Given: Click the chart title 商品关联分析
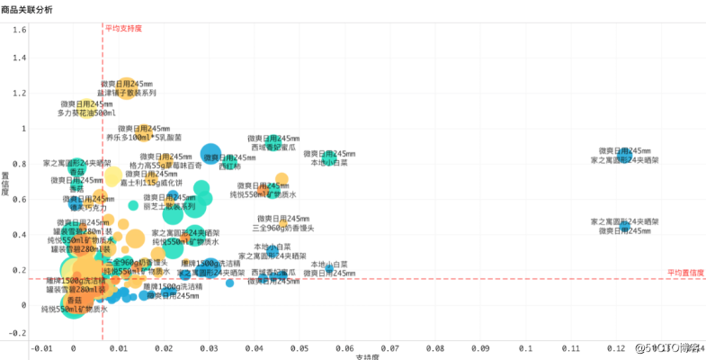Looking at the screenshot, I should (x=27, y=9).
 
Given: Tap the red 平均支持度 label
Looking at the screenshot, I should (x=124, y=29).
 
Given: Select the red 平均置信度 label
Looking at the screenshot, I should (x=684, y=273).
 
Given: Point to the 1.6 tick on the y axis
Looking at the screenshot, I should (x=19, y=30).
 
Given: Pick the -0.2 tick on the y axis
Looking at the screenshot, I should (x=17, y=333).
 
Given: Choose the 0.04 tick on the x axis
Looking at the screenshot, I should (x=255, y=347).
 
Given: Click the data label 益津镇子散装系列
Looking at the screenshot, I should (x=128, y=93).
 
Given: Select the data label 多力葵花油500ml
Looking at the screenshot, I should (x=87, y=113).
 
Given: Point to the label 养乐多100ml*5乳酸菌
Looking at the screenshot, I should (x=144, y=138).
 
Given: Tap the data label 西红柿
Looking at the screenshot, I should (x=230, y=166).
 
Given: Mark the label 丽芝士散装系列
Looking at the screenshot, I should (x=169, y=206).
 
